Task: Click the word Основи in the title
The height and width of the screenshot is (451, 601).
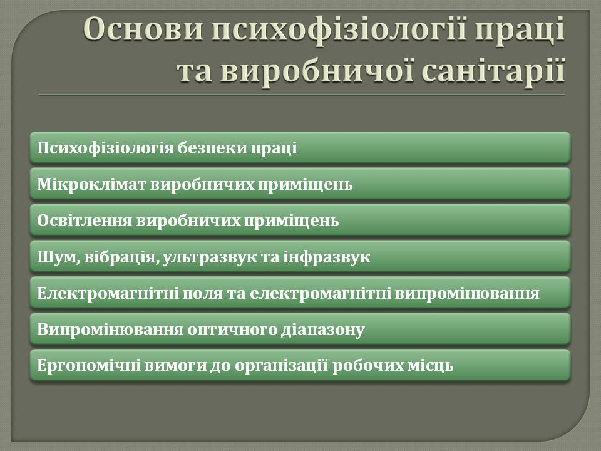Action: click(143, 29)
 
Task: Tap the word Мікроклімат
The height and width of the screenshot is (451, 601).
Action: click(91, 184)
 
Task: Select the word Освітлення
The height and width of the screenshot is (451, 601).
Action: click(85, 221)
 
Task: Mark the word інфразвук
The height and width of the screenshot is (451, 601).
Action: click(327, 257)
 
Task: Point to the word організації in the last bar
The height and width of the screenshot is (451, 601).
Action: click(281, 366)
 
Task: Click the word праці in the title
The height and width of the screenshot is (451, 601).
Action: click(520, 31)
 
